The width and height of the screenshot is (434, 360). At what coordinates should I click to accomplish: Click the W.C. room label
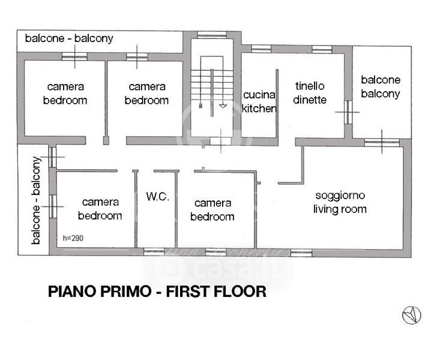click(157, 196)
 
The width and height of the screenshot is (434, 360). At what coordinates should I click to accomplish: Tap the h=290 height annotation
click(73, 238)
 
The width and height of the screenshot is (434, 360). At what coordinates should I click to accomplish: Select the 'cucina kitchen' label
click(259, 101)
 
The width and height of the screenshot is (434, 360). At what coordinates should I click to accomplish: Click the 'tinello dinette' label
click(310, 92)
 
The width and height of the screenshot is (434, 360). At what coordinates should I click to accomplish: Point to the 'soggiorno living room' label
click(340, 202)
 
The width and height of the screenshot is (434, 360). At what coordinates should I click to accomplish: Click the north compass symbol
click(412, 315)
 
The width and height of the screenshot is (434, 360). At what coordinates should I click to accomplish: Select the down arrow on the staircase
click(223, 106)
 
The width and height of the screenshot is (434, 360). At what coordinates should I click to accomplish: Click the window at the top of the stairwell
click(212, 35)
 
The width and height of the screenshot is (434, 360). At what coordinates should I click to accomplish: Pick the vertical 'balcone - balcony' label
click(35, 200)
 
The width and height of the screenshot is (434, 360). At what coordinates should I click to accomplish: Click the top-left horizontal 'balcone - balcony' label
click(69, 38)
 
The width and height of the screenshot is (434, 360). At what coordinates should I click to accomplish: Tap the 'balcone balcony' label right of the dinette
click(381, 86)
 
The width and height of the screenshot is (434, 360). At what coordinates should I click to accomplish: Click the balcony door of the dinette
click(348, 112)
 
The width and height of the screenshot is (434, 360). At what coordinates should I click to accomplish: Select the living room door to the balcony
click(382, 142)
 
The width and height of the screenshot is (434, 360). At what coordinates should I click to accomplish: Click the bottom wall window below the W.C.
click(154, 252)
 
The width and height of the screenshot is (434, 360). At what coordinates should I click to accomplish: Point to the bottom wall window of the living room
click(301, 253)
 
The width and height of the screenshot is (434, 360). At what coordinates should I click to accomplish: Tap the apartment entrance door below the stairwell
click(220, 141)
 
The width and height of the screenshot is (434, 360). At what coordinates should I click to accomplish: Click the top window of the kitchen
click(261, 49)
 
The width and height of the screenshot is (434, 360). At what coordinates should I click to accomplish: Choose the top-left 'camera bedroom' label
click(65, 93)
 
